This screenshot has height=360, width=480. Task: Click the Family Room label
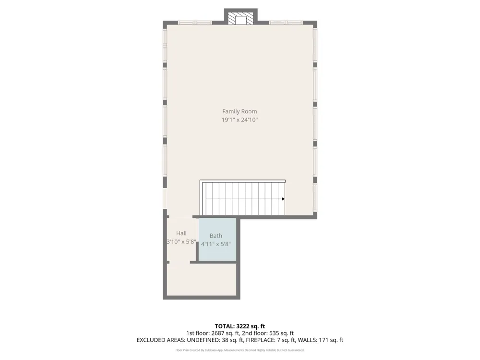(x=240, y=111)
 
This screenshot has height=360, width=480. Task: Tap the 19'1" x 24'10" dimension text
(x=240, y=120)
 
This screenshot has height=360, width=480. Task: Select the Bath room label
(x=216, y=236)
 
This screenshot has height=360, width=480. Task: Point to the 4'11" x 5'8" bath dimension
(x=216, y=244)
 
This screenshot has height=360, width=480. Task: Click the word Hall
(x=181, y=233)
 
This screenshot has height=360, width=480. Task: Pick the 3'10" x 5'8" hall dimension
(x=181, y=241)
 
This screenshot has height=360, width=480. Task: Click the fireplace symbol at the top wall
(x=240, y=18)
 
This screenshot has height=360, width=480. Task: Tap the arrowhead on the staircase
(x=283, y=199)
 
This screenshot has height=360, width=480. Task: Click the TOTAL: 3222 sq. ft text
(x=240, y=326)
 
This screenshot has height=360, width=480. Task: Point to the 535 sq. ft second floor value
(x=281, y=333)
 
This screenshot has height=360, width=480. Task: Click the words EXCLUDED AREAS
(x=160, y=340)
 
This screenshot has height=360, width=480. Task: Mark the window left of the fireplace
(x=195, y=23)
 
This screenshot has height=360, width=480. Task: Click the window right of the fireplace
(x=286, y=23)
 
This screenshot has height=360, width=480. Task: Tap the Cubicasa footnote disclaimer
(x=240, y=350)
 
